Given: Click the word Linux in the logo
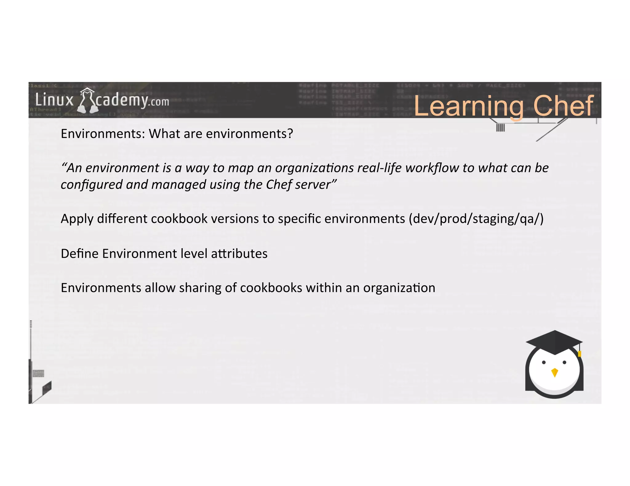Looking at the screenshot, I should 54,100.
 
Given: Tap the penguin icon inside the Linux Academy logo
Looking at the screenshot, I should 87,100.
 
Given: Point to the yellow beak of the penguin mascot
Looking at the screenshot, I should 555,372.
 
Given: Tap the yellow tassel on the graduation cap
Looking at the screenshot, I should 580,353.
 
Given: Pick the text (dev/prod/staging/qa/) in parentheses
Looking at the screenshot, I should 476,219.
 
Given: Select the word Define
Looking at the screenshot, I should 80,254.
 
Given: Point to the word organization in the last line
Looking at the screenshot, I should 399,288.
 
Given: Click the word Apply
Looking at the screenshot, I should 77,219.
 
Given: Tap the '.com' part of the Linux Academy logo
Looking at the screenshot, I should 158,102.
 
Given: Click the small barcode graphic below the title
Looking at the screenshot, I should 500,127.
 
